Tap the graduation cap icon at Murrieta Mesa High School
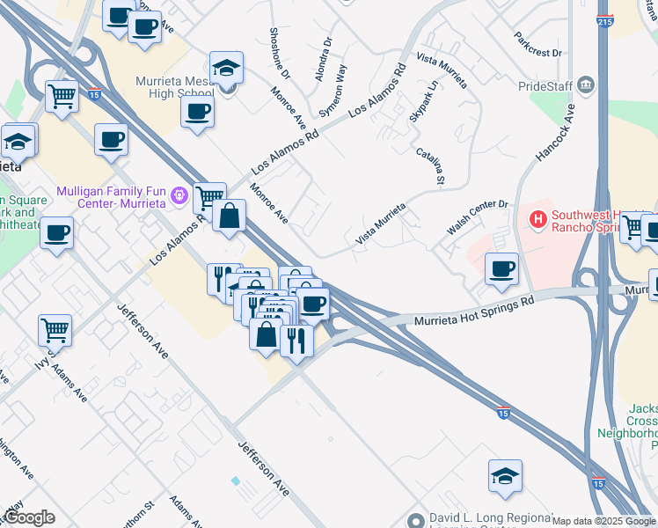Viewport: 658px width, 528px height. [x=227, y=69]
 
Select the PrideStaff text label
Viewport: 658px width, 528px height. [x=545, y=86]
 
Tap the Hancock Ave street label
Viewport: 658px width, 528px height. [x=554, y=133]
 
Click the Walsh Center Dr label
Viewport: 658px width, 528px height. [x=478, y=216]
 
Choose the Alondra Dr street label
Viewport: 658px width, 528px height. [x=323, y=58]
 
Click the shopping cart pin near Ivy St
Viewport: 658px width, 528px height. [x=55, y=330]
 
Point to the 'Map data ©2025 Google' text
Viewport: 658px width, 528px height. [x=604, y=521]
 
